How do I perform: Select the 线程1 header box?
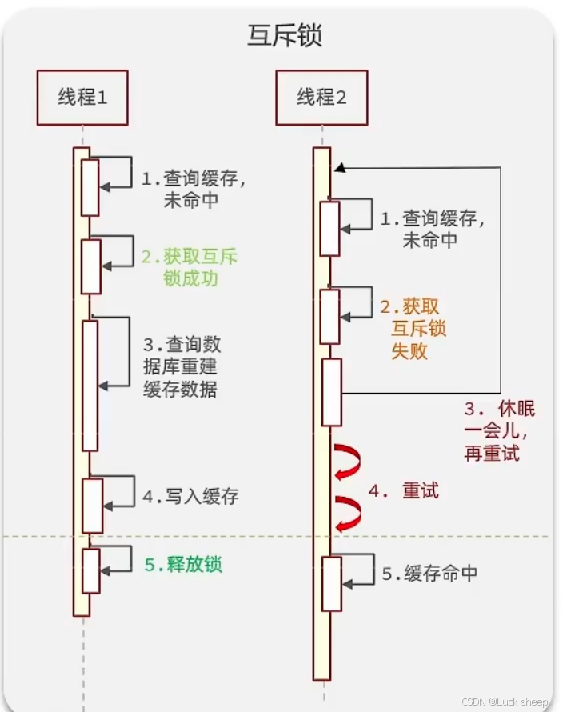83,98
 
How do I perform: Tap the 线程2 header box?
322,98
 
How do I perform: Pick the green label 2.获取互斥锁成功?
190,268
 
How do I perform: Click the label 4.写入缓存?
191,497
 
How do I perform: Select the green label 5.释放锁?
183,564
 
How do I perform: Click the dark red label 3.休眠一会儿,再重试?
493,431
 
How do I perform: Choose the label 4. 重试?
404,490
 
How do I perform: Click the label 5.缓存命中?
429,574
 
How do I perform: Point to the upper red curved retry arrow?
348,462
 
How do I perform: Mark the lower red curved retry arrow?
348,513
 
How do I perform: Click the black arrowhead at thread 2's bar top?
339,168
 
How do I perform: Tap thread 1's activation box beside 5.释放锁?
90,570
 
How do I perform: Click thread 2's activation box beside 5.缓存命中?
331,583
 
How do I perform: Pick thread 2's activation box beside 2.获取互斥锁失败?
330,316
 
